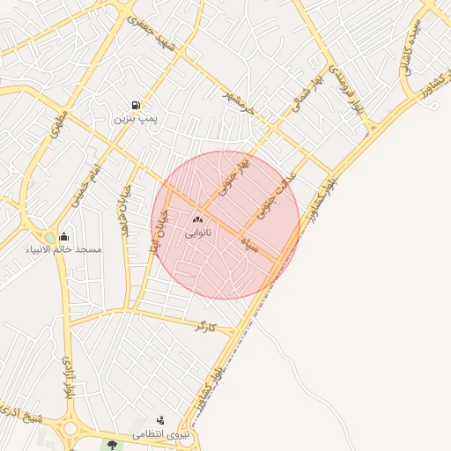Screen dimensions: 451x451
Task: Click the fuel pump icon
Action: [x=135, y=104]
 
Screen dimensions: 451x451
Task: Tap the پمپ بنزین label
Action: [x=135, y=117]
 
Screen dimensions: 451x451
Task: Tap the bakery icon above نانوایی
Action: [x=198, y=219]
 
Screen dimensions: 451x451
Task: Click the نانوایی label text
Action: [x=198, y=234]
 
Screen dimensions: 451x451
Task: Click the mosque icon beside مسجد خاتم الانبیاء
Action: [x=63, y=237]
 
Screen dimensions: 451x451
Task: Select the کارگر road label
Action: [x=205, y=327]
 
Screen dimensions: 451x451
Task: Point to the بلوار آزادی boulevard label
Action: [x=68, y=380]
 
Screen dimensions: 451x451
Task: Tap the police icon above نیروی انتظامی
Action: [x=159, y=421]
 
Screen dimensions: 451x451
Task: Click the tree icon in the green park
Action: [x=112, y=444]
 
